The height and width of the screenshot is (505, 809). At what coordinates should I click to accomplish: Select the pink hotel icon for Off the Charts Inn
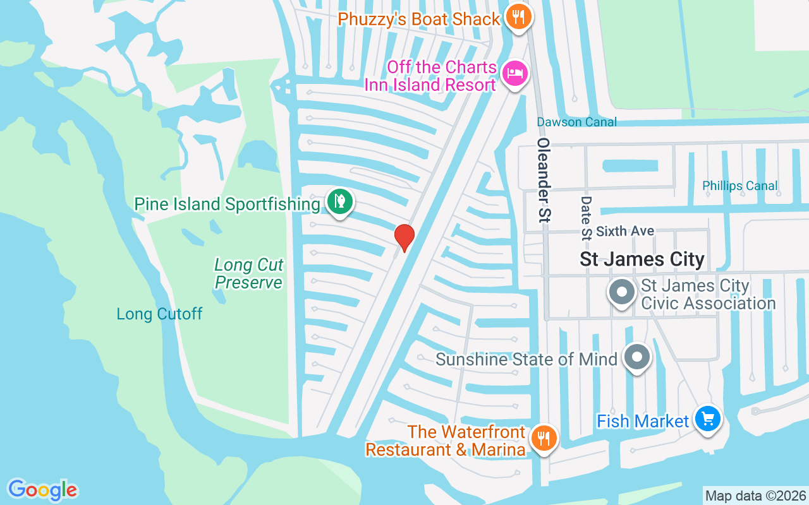tap(515, 73)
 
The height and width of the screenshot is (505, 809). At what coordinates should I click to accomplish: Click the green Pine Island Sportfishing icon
tap(340, 201)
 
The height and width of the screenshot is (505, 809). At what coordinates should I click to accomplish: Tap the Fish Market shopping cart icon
tap(707, 419)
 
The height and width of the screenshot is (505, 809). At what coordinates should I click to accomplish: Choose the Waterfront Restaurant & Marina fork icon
tap(542, 437)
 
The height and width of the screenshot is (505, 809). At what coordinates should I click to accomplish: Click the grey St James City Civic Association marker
tap(622, 293)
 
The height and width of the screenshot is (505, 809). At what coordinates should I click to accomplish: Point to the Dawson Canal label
tap(576, 122)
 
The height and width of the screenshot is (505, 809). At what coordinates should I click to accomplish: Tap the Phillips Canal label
tap(740, 186)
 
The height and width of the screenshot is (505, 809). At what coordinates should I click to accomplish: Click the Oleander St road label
tap(544, 180)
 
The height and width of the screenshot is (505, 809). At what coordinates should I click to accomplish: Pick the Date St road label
tap(586, 218)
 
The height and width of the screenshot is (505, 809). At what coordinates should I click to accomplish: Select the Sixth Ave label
tap(625, 232)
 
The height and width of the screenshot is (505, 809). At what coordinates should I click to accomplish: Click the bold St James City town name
tap(642, 259)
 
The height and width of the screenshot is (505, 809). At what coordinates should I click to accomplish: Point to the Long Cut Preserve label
tap(249, 273)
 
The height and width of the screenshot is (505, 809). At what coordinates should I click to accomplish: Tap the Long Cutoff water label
tap(159, 314)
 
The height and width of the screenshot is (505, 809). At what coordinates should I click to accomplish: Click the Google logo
tap(42, 490)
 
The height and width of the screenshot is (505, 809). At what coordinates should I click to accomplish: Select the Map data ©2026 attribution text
tap(755, 496)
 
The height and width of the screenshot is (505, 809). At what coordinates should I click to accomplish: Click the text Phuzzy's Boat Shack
tap(419, 19)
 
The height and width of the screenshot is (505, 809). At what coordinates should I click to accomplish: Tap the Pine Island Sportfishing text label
tap(227, 205)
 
